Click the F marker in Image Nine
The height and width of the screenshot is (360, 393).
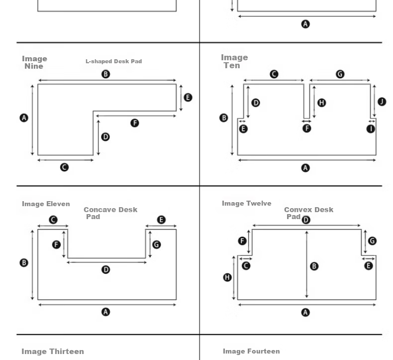[x=135, y=123]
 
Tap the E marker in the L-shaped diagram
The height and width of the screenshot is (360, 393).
[x=188, y=97]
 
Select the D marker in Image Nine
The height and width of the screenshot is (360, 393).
[x=105, y=137]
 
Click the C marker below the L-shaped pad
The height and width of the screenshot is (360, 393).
[x=64, y=167]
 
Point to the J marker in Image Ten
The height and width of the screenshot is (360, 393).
[x=382, y=102]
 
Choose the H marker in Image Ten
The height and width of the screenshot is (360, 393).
[x=321, y=103]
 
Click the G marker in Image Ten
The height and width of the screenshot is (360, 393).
[x=340, y=74]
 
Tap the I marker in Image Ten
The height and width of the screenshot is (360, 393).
[x=371, y=129]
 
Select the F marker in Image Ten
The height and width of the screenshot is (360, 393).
[x=307, y=128]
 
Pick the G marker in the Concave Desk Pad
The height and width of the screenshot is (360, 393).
[x=157, y=244]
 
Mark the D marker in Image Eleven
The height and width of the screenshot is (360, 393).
[x=106, y=270]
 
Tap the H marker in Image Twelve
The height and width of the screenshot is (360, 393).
[x=227, y=277]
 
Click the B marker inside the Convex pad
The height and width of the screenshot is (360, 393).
[x=314, y=266]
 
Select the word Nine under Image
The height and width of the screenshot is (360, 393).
[x=34, y=66]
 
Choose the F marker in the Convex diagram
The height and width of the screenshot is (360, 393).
[x=242, y=241]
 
